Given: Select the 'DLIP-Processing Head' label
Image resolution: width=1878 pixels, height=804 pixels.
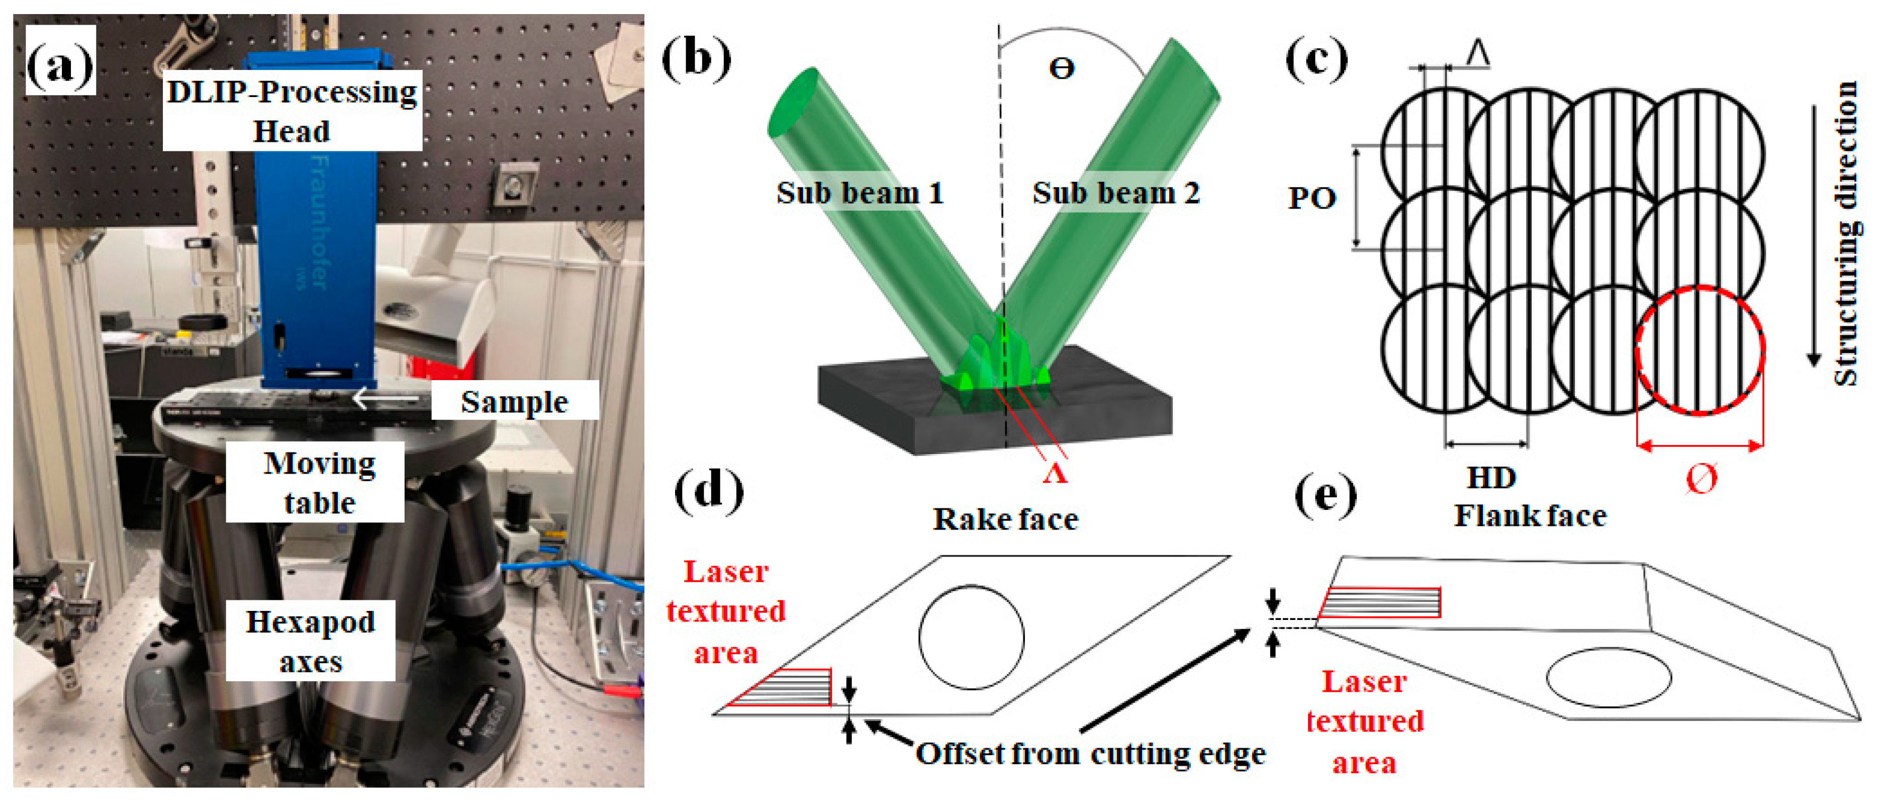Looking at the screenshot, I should pyautogui.click(x=292, y=111).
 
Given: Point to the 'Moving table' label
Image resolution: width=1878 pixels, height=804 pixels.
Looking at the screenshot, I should pyautogui.click(x=319, y=483).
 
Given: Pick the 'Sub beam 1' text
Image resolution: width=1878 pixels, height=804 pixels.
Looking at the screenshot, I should pyautogui.click(x=860, y=193).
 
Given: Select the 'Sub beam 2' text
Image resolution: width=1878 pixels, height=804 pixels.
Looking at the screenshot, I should pyautogui.click(x=1115, y=193).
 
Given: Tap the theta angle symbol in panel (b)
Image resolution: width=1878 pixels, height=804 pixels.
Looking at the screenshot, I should pyautogui.click(x=1062, y=68).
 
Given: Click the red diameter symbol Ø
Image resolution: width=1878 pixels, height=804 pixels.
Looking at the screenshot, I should pyautogui.click(x=1702, y=479).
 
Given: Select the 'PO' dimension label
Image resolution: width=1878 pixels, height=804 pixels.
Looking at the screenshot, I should pyautogui.click(x=1311, y=198).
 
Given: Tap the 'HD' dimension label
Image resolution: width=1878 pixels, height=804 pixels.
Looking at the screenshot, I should pyautogui.click(x=1491, y=478).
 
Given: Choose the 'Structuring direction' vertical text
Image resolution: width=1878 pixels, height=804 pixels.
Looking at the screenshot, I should pyautogui.click(x=1844, y=233).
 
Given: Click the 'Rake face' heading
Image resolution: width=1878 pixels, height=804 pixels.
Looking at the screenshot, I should pyautogui.click(x=1005, y=519).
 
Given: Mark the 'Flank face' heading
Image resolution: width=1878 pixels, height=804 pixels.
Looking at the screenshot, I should pyautogui.click(x=1530, y=516).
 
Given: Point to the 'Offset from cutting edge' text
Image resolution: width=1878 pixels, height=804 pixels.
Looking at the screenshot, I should pyautogui.click(x=1090, y=754).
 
